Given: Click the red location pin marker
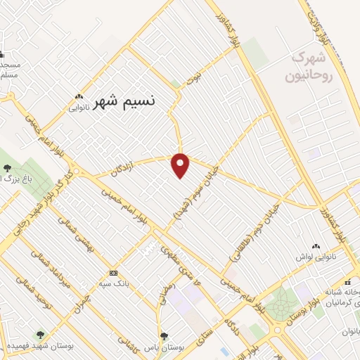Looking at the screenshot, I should click(181, 165).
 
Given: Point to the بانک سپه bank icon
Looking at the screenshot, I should click(112, 273).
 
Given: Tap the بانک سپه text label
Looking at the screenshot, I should click(112, 284).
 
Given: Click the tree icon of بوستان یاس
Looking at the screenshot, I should click(164, 336).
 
